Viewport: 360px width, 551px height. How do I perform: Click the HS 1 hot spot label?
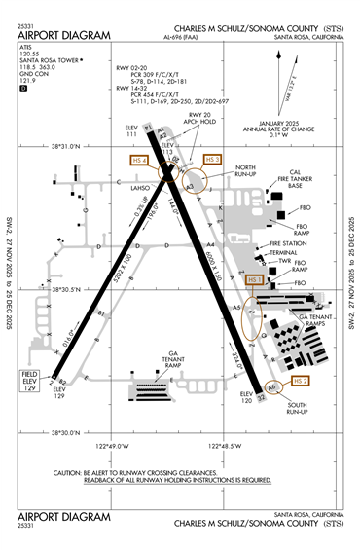(254, 279)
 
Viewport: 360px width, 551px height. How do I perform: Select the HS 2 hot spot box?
(301, 381)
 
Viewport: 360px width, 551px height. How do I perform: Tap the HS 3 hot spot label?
(212, 158)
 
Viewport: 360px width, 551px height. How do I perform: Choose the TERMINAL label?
(283, 252)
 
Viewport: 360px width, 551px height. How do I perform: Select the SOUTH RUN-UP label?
(295, 407)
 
